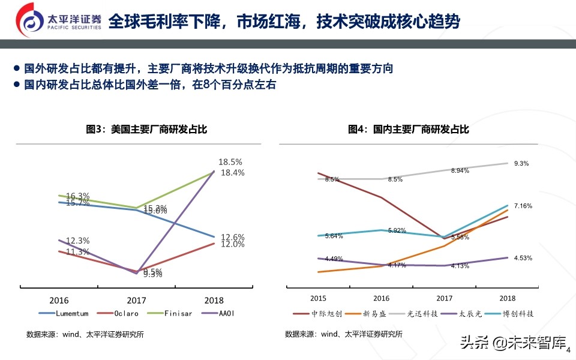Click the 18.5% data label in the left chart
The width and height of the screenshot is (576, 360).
click(230, 162)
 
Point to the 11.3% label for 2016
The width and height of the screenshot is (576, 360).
click(77, 251)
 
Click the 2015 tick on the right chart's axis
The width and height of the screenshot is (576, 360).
click(319, 298)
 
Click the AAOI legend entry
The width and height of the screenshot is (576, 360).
click(222, 313)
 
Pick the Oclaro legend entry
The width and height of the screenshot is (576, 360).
click(119, 313)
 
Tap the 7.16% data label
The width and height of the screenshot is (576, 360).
click(523, 206)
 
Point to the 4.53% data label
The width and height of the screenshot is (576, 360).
click(523, 258)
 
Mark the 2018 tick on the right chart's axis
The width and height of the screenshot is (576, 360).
click(507, 298)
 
